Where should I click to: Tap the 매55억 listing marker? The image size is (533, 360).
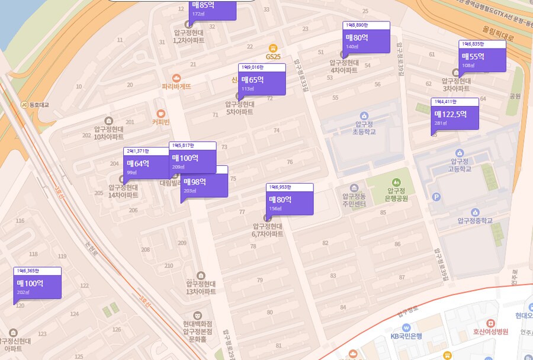[482, 59]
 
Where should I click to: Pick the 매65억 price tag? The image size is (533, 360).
[262, 82]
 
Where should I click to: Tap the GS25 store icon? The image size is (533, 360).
[273, 47]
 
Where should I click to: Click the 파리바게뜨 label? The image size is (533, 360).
[176, 86]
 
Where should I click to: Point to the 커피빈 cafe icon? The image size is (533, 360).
[160, 114]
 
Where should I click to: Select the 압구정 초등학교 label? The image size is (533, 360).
[364, 128]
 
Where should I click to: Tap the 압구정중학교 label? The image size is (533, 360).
[474, 221]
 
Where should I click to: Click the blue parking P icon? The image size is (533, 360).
[437, 197]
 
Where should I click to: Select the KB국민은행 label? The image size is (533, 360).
[406, 336]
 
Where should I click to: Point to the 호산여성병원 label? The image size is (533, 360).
[489, 332]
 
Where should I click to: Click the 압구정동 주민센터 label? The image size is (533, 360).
[354, 200]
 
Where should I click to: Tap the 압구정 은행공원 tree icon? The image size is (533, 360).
[395, 179]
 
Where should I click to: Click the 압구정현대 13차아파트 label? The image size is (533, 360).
[201, 287]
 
